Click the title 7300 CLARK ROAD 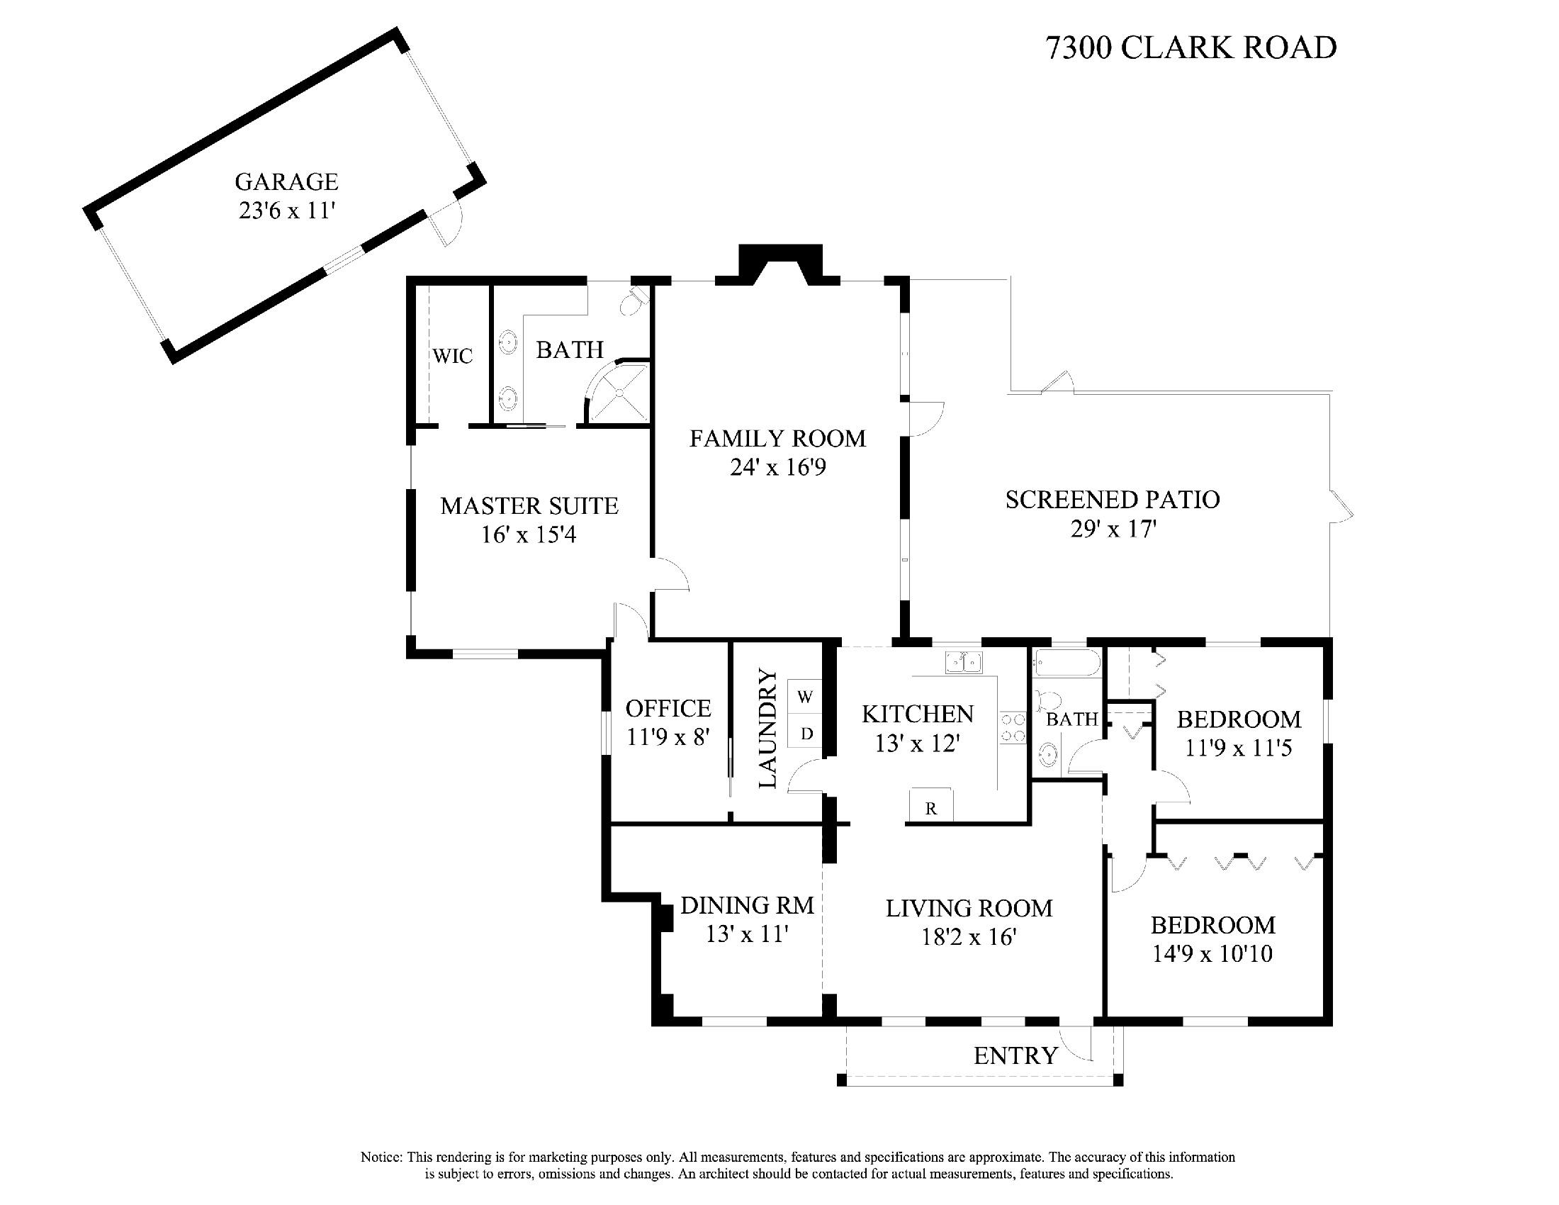[1191, 47]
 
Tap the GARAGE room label [286, 181]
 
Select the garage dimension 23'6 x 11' [287, 211]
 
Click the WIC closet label [453, 356]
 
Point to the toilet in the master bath [633, 302]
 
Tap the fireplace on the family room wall [780, 264]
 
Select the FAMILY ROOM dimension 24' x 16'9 [777, 468]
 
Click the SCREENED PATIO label [1112, 499]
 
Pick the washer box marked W [805, 697]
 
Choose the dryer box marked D [806, 733]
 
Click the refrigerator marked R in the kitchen [931, 805]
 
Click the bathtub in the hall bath [1066, 663]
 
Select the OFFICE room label [668, 708]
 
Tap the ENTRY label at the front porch [1015, 1056]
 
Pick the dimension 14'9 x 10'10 [1212, 953]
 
